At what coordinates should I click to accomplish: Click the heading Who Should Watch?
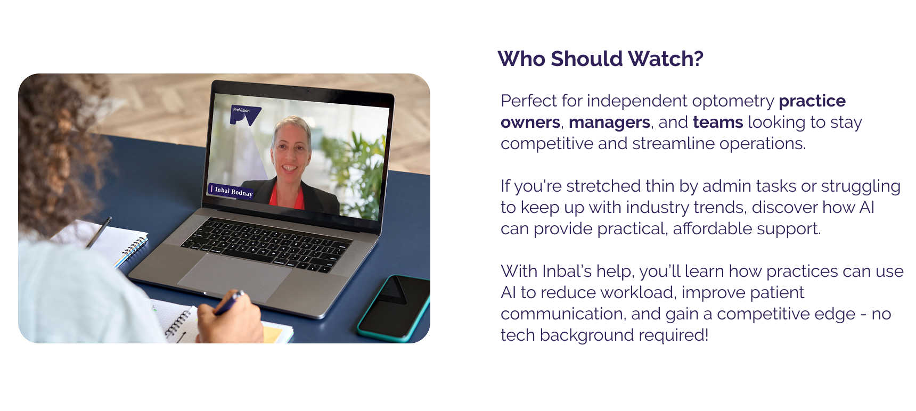click(x=600, y=59)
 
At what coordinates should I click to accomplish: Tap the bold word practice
click(x=812, y=101)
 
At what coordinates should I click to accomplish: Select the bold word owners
click(x=530, y=122)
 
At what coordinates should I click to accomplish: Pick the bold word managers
click(x=609, y=123)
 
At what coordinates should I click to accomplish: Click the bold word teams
click(x=718, y=122)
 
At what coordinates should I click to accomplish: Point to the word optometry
click(x=733, y=101)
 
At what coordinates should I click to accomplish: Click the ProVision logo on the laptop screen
click(x=245, y=115)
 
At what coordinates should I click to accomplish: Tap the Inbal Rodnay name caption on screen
click(x=232, y=191)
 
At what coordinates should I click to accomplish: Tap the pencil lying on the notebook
click(x=99, y=233)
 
